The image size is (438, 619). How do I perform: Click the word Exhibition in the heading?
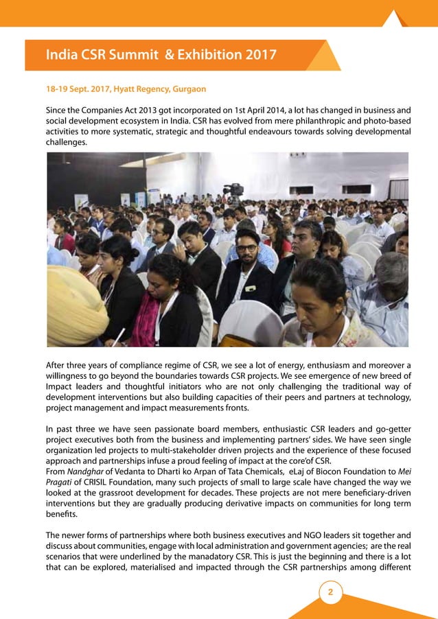(x=202, y=54)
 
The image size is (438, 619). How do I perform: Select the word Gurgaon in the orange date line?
(x=185, y=89)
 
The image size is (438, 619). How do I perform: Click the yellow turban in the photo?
(x=72, y=302)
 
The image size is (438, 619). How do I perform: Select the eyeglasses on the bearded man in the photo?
(x=246, y=248)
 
